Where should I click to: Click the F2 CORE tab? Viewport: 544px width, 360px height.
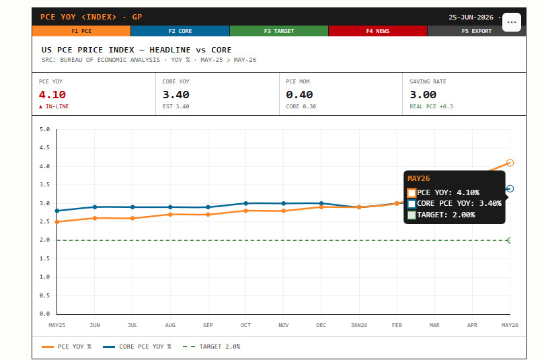(x=180, y=31)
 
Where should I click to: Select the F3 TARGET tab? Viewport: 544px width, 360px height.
(x=279, y=31)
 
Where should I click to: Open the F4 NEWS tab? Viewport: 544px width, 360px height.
(x=378, y=31)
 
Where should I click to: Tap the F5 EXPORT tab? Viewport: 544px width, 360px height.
(x=476, y=31)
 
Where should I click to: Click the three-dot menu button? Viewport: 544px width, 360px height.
(x=512, y=22)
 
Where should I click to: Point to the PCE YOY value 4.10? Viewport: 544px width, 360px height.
(x=52, y=94)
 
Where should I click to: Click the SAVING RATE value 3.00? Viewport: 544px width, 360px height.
(x=423, y=94)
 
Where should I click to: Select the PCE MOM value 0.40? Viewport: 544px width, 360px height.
(x=299, y=94)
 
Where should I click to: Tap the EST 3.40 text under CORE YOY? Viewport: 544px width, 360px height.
(x=176, y=106)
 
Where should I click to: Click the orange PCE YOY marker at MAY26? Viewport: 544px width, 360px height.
(x=510, y=162)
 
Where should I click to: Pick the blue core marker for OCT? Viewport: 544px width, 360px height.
(x=245, y=203)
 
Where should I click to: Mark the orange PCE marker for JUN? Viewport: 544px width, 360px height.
(x=95, y=218)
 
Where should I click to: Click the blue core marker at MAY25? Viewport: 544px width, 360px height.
(x=57, y=211)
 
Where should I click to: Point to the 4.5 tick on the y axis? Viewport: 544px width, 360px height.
(x=45, y=147)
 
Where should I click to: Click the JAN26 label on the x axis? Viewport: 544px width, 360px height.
(x=359, y=325)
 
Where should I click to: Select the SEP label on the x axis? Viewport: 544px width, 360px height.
(x=208, y=325)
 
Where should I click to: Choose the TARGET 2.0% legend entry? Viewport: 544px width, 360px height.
(x=211, y=347)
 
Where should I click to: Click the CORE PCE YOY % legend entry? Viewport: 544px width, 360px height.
(x=137, y=347)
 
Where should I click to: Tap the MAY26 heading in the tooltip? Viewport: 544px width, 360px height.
(x=419, y=178)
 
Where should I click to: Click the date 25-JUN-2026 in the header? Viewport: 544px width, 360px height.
(x=471, y=17)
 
